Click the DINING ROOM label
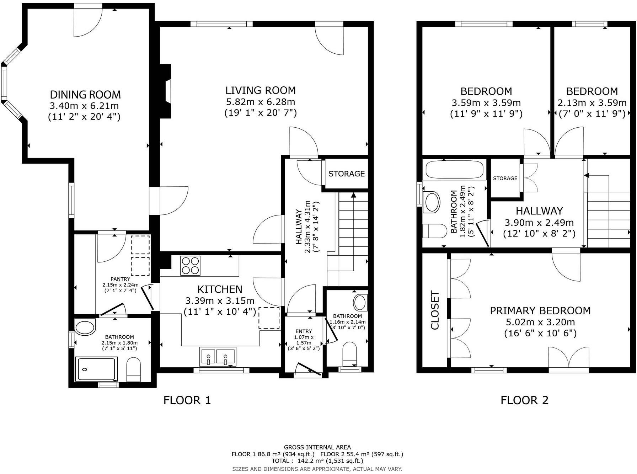pyautogui.click(x=85, y=95)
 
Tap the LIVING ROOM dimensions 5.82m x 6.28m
pyautogui.click(x=261, y=102)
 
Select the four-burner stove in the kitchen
pyautogui.click(x=190, y=266)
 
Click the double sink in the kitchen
pyautogui.click(x=218, y=356)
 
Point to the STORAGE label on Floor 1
pyautogui.click(x=346, y=174)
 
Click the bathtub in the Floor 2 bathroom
pyautogui.click(x=455, y=169)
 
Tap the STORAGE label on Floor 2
pyautogui.click(x=505, y=178)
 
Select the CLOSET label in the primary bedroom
pyautogui.click(x=435, y=310)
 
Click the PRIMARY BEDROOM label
pyautogui.click(x=540, y=310)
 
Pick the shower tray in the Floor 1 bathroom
pyautogui.click(x=97, y=369)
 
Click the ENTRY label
pyautogui.click(x=304, y=331)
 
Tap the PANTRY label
pyautogui.click(x=120, y=279)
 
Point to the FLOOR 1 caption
pyautogui.click(x=187, y=400)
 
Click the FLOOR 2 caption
pyautogui.click(x=524, y=400)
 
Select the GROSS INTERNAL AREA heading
pyautogui.click(x=317, y=447)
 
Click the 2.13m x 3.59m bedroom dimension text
pyautogui.click(x=591, y=103)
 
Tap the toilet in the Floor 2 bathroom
pyautogui.click(x=435, y=231)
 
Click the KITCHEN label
pyautogui.click(x=220, y=289)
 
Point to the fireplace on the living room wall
pyautogui.click(x=166, y=91)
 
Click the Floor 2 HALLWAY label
pyautogui.click(x=539, y=211)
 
